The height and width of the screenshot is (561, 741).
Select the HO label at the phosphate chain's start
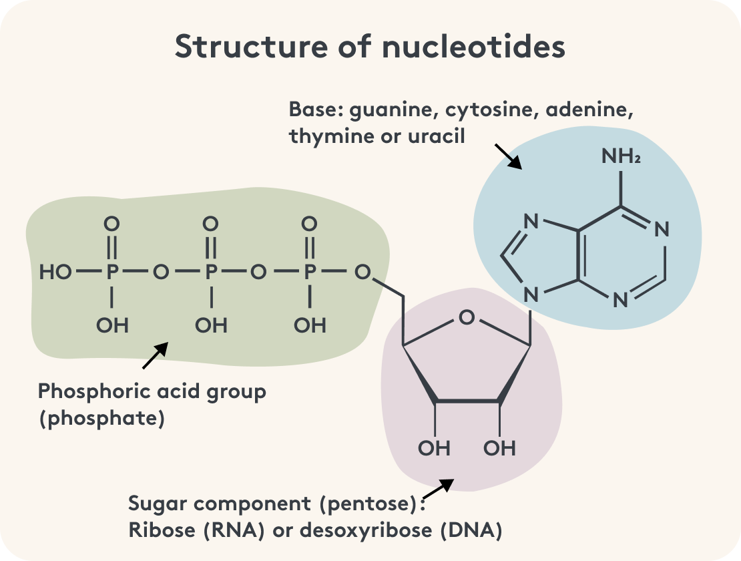coord(56,272)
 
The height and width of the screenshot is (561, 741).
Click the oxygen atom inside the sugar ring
coord(467,317)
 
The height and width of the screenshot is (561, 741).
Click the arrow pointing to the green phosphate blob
coord(155,356)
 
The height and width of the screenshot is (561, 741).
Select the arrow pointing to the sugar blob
coord(439,488)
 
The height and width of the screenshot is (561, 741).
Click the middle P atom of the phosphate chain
coord(211,272)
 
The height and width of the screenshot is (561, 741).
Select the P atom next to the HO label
coord(112,272)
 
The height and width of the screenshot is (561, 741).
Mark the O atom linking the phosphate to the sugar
coord(362,272)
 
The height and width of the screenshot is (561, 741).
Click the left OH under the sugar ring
coord(435,447)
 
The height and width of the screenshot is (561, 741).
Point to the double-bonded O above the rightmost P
coord(310,224)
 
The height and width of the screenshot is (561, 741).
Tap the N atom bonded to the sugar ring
coord(531,295)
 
